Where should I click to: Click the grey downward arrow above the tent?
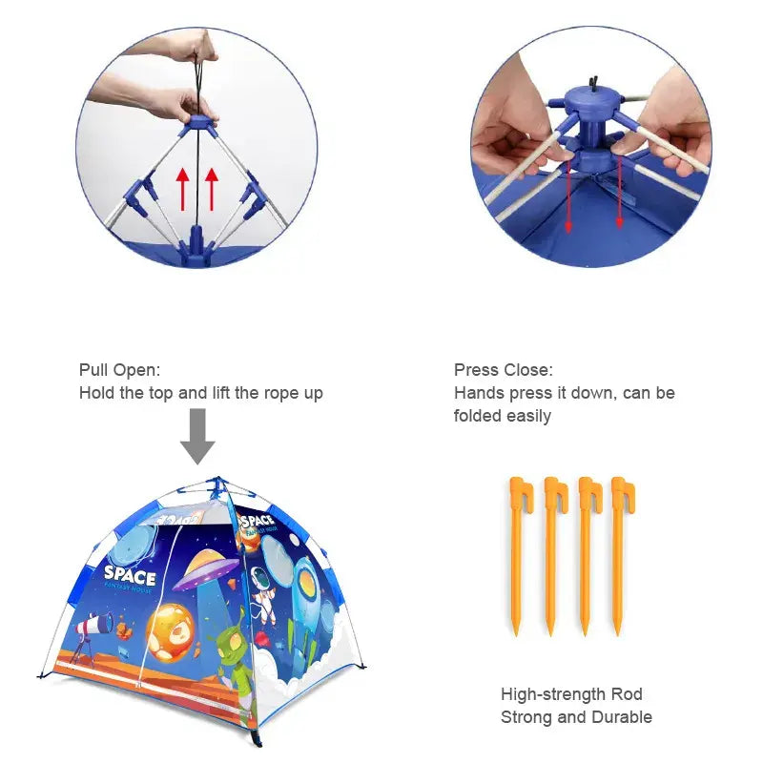click(197, 436)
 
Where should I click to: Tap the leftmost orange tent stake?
click(519, 555)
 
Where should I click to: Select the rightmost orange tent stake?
click(621, 555)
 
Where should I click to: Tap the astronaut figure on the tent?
click(264, 592)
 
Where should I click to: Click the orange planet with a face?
click(171, 632)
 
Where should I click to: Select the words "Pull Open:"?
click(120, 370)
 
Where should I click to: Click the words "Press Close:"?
click(504, 370)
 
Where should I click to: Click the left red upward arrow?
click(182, 189)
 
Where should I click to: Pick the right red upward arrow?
click(212, 189)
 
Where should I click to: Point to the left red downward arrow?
click(567, 197)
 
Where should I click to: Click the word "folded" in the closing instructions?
click(478, 416)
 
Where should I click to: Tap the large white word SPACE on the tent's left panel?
click(130, 575)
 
